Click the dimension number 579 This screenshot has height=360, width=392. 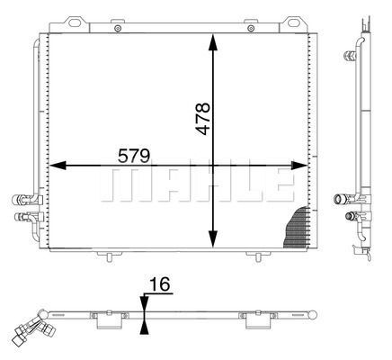click(134, 156)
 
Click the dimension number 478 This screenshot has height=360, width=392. click(203, 119)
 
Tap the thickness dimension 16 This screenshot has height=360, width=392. click(160, 284)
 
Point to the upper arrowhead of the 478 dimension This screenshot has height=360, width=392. click(213, 42)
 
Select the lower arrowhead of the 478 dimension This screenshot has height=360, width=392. click(213, 239)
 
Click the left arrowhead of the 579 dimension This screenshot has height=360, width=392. click(58, 165)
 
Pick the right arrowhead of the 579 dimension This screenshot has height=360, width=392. click(299, 165)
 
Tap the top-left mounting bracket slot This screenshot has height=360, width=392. click(75, 22)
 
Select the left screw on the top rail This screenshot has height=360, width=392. click(118, 29)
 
